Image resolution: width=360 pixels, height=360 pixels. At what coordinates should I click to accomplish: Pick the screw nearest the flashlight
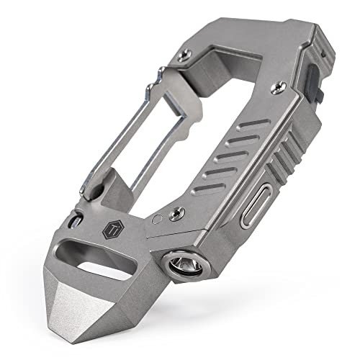coord(176,214)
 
